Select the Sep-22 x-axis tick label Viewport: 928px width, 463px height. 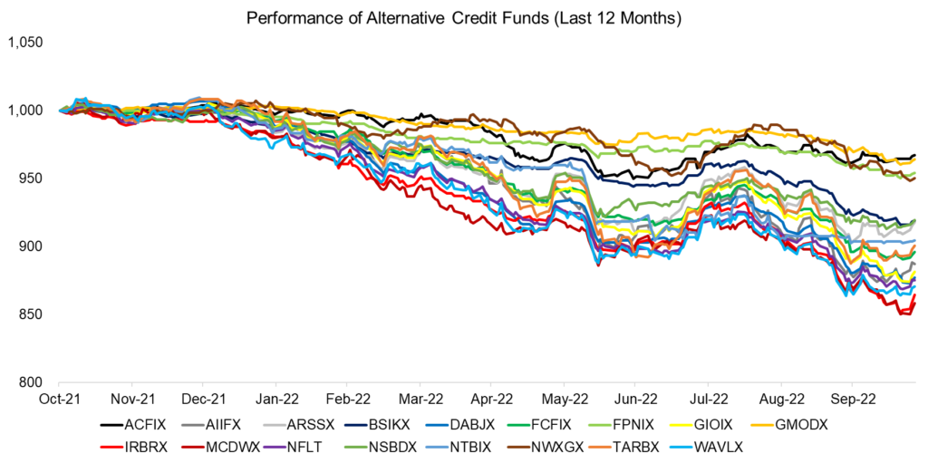[x=850, y=398]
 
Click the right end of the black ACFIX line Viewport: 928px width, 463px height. [x=914, y=155]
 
